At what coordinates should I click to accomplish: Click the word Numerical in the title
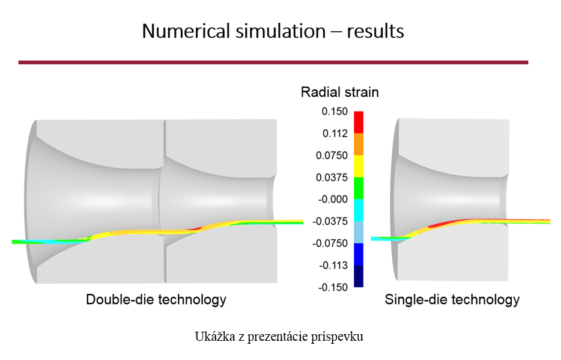point(186,31)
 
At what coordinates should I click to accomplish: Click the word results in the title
point(375,31)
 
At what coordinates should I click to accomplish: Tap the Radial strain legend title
point(339,92)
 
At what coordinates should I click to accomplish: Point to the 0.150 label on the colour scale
point(335,111)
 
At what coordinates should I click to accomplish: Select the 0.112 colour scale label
point(335,133)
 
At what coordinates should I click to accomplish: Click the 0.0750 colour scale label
point(332,155)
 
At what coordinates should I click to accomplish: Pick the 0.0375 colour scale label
point(332,177)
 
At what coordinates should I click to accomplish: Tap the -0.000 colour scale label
point(333,200)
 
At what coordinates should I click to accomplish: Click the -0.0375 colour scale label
point(330,222)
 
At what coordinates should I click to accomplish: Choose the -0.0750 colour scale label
point(330,243)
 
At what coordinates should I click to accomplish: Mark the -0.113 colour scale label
point(333,266)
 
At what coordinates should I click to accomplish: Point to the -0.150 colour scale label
point(333,287)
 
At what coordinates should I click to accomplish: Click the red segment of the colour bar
point(359,123)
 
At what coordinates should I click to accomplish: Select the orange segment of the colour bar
point(359,144)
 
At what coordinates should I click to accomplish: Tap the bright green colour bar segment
point(359,188)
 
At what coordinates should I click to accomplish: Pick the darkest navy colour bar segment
point(359,276)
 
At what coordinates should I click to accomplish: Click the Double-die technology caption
point(156,299)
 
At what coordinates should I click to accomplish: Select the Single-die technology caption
point(452,299)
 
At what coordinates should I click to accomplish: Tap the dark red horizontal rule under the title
point(273,63)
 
